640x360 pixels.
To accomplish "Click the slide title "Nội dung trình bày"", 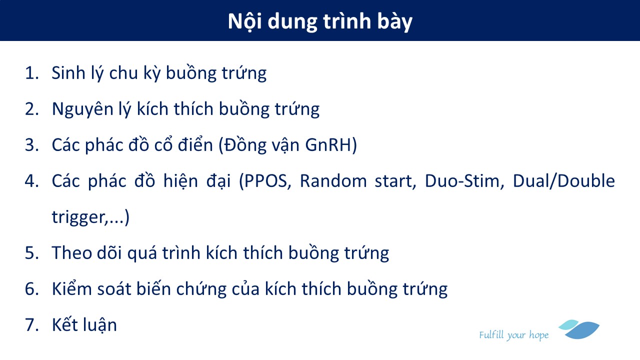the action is tap(320, 21).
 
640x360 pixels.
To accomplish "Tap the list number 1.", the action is tap(31, 73).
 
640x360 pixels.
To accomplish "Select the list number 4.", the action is tap(31, 181).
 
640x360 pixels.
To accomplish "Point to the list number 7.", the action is tap(31, 325).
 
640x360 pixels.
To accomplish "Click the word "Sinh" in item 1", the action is tap(68, 72).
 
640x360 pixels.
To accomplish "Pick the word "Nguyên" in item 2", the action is tap(83, 109).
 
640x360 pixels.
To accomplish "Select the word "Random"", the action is tap(333, 181).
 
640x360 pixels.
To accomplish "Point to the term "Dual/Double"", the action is tap(564, 180).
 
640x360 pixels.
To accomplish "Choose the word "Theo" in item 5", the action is tap(72, 253).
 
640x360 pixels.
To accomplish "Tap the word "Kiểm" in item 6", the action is tap(72, 288).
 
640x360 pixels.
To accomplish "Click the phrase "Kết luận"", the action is tap(84, 324).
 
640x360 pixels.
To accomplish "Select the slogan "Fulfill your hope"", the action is tap(514, 335).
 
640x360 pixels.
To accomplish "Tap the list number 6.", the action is tap(31, 289).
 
